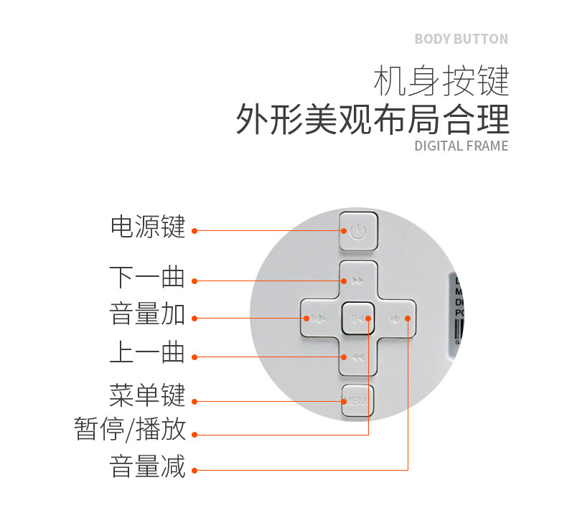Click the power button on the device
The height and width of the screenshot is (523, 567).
pos(358,231)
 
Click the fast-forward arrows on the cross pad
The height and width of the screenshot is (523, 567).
pos(357,281)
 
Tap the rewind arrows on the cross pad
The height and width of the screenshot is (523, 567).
pos(357,357)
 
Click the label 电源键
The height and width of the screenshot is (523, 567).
pos(147,227)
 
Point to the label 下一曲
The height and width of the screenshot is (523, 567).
pos(147,277)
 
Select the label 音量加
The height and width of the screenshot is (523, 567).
pos(147,315)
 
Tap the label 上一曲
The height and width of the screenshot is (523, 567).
pos(147,353)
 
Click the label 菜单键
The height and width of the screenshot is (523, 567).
pos(147,395)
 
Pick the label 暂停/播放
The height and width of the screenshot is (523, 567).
pos(130,429)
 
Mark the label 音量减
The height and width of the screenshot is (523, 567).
pos(147,466)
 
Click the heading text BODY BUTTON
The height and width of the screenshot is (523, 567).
pos(461,39)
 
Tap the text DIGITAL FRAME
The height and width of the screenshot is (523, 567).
pos(461,146)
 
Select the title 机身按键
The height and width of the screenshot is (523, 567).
pos(441,81)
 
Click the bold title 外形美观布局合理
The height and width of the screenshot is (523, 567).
pos(372,119)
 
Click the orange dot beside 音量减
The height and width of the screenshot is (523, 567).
pos(195,471)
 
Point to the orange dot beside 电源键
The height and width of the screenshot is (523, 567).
pos(195,231)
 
